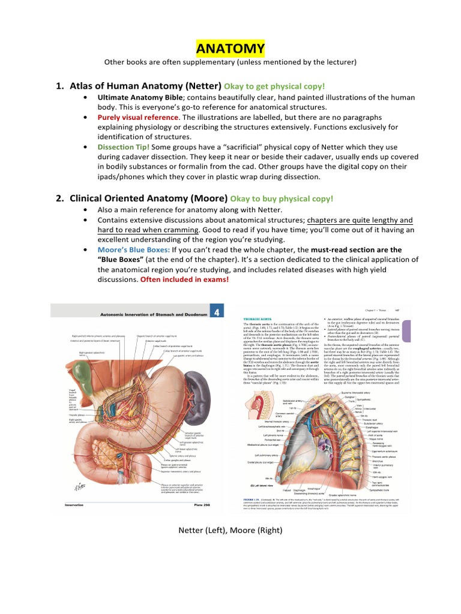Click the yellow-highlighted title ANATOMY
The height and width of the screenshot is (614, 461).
click(230, 48)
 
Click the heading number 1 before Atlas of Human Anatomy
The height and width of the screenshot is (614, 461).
click(59, 86)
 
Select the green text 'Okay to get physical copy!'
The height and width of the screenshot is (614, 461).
click(274, 86)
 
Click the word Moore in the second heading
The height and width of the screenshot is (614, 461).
click(209, 198)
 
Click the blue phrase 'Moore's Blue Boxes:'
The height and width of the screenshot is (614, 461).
click(133, 249)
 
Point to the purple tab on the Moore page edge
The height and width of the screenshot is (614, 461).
click(406, 332)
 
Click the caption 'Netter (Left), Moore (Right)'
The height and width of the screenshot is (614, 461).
click(230, 530)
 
